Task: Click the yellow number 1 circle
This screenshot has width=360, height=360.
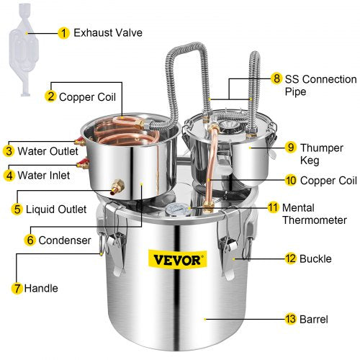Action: (64, 32)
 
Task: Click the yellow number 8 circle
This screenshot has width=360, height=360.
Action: (276, 78)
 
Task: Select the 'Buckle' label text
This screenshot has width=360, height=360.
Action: (319, 257)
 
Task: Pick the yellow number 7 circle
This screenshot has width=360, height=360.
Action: (17, 288)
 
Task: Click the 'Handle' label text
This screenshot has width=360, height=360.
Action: (42, 288)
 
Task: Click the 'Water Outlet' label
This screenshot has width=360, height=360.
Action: (45, 150)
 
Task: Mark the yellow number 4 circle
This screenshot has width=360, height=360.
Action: (9, 174)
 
